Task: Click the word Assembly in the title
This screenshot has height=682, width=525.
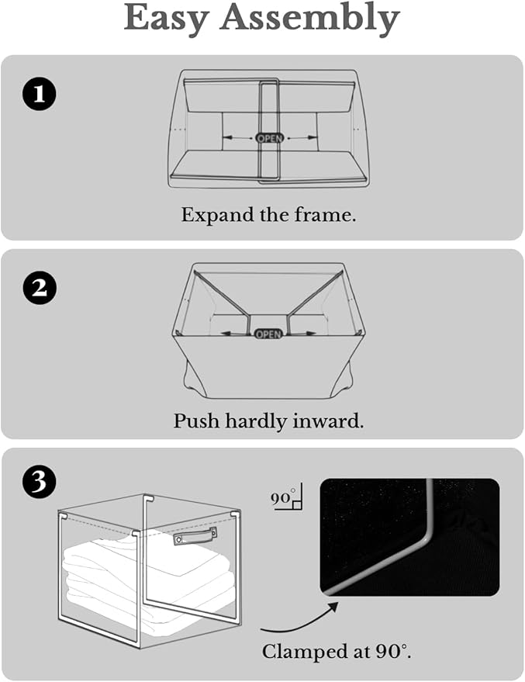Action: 310,19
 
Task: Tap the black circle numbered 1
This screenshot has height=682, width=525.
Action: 39,94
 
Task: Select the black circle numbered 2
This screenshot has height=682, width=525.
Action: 39,288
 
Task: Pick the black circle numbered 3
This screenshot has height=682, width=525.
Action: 39,482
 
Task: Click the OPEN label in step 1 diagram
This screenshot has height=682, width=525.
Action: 269,138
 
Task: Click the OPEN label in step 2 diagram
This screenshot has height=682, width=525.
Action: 268,334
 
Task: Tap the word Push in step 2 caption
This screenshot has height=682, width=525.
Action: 196,421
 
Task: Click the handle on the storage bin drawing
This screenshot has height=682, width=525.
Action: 195,535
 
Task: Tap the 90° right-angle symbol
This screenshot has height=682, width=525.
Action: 286,497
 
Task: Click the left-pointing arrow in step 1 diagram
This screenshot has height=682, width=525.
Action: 238,137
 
